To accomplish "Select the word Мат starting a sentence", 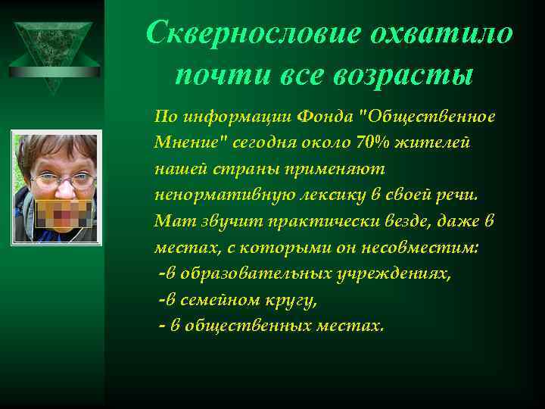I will click(x=168, y=220).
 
